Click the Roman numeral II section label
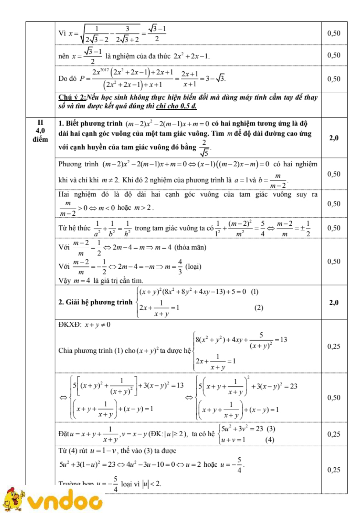pos(40,122)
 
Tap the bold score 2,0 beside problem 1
pos(334,138)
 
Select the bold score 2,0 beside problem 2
pos(334,302)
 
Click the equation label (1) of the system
pos(255,292)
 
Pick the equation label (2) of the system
pos(258,308)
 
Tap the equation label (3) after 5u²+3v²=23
pos(271,429)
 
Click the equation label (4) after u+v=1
pos(269,440)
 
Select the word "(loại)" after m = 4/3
pos(193,267)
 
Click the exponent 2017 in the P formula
pos(105,70)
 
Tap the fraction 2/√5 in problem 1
pos(204,147)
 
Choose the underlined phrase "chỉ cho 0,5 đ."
pos(176,106)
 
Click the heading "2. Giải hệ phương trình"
pos(95,302)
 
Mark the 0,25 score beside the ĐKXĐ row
pos(334,346)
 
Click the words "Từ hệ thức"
pos(74,228)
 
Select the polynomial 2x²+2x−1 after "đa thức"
pos(191,56)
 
